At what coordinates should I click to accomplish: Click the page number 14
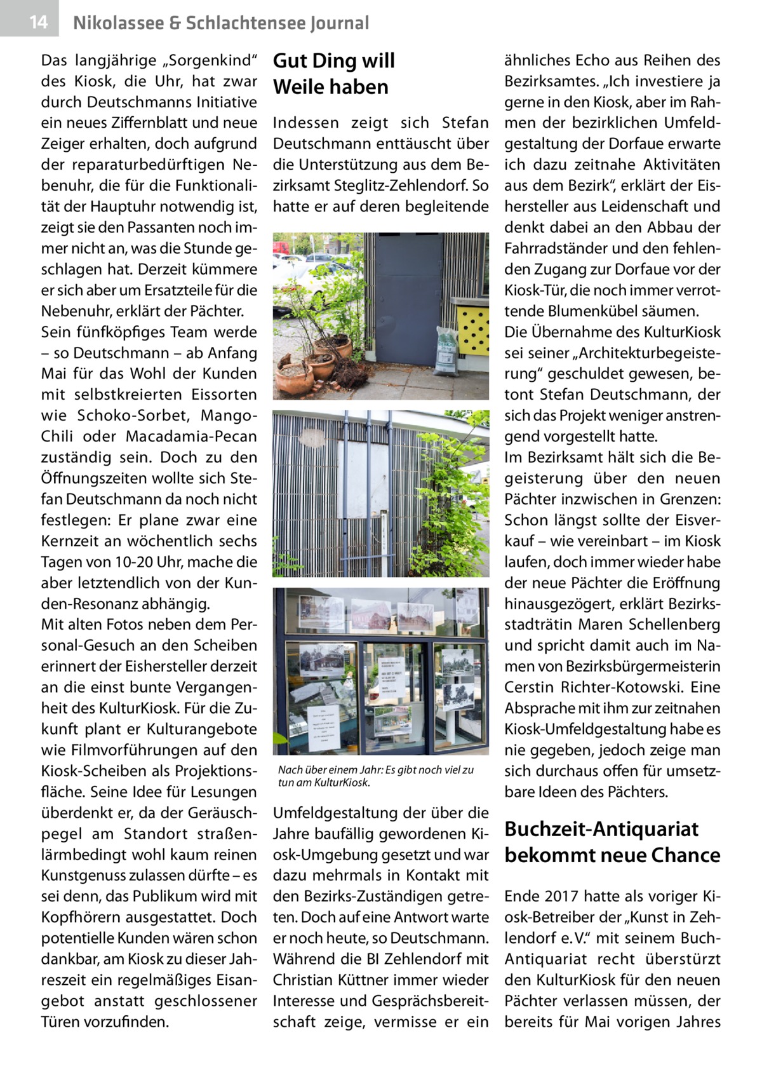[38, 23]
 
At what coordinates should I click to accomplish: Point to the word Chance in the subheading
[680, 856]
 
